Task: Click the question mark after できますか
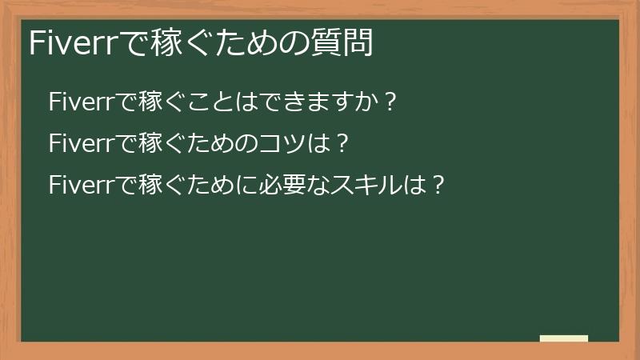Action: [x=390, y=102]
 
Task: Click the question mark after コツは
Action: [x=342, y=144]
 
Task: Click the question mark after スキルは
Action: [x=436, y=186]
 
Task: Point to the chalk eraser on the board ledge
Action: [x=563, y=338]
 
